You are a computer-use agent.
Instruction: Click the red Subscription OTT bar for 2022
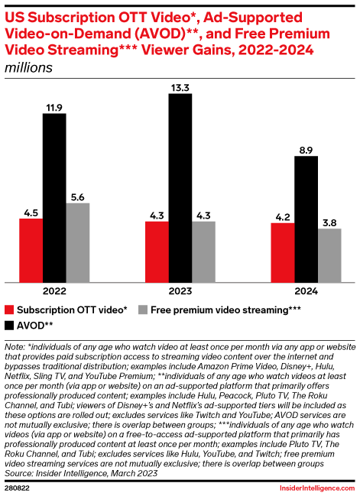[x=31, y=250]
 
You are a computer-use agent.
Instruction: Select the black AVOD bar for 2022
[x=54, y=197]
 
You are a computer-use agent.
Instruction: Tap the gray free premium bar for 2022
[x=78, y=242]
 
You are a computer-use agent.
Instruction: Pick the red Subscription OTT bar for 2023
[x=157, y=251]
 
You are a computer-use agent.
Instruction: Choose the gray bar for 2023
[x=204, y=251]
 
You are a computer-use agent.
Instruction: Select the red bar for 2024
[x=284, y=252]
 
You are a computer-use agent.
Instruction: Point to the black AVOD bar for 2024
[x=307, y=219]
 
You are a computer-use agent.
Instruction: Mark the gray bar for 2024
[x=330, y=255]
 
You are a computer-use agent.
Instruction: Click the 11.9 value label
[x=54, y=106]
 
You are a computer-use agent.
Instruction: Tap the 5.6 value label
[x=78, y=196]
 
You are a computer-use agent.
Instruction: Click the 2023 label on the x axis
[x=180, y=291]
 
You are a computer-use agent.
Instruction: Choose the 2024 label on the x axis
[x=307, y=291]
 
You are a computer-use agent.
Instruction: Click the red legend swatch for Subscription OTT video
[x=10, y=310]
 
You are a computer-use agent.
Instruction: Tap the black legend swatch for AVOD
[x=10, y=325]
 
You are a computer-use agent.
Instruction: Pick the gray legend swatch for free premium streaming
[x=144, y=310]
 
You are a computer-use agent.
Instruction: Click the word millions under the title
[x=28, y=67]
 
